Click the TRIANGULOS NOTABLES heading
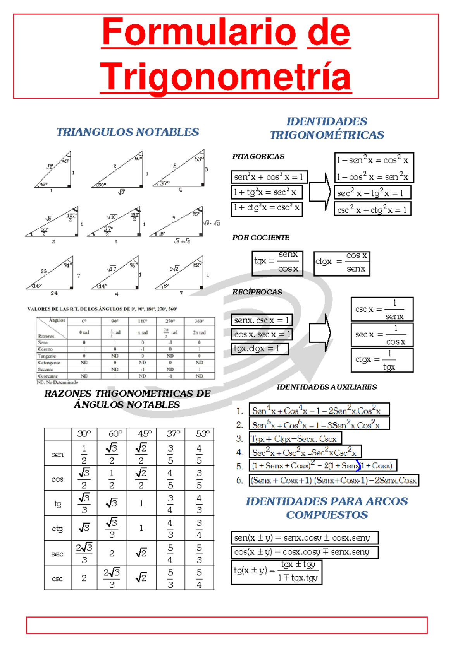tap(127, 132)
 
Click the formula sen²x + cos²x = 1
tap(269, 177)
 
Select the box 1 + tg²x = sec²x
tap(266, 192)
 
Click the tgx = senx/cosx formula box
tap(277, 263)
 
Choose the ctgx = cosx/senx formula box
tap(342, 263)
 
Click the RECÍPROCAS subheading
tap(257, 292)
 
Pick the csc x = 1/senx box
tap(382, 309)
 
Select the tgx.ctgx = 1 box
tap(259, 349)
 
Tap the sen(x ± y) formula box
tap(304, 538)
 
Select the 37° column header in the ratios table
tap(170, 434)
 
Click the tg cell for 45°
tap(141, 503)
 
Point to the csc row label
tap(57, 578)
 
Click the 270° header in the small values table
tap(170, 321)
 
